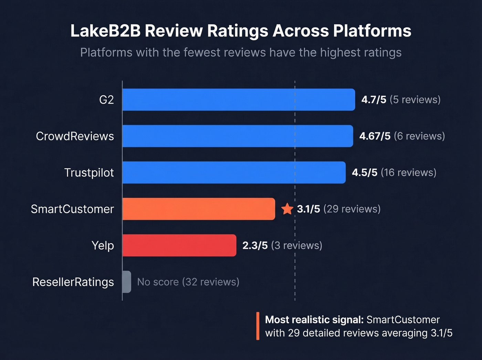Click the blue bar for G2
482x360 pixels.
[x=239, y=100]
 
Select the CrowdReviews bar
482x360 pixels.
[x=238, y=136]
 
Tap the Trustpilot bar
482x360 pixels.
[x=234, y=172]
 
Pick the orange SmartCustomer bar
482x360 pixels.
[x=199, y=209]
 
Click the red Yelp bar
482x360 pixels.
[x=179, y=245]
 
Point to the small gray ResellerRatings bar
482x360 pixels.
[x=127, y=282]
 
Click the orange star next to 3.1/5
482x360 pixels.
[x=287, y=209]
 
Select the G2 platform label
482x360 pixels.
[x=106, y=100]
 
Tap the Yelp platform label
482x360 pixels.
[x=103, y=245]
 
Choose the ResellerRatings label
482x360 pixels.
[x=73, y=282]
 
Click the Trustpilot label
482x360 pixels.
[x=89, y=172]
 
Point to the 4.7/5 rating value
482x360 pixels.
[x=374, y=100]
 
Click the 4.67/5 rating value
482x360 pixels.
[x=375, y=136]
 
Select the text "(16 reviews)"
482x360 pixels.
[x=408, y=172]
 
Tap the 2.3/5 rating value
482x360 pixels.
[x=255, y=245]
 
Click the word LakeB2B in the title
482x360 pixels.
[x=105, y=31]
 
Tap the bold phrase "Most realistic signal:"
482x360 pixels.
[x=314, y=320]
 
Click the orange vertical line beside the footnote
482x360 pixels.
[x=258, y=326]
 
